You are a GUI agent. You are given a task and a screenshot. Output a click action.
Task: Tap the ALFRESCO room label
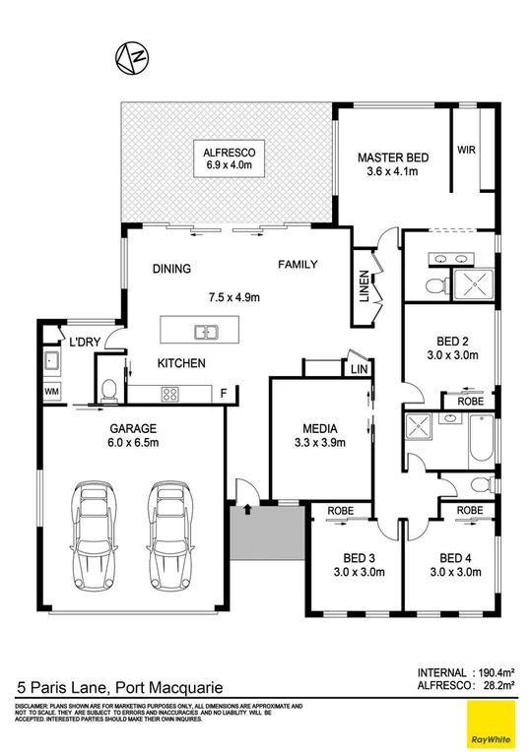point(230,153)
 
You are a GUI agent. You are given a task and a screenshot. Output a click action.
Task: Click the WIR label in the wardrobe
point(466,151)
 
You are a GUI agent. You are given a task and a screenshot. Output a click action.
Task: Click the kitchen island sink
point(207,331)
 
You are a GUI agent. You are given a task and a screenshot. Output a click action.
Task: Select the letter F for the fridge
point(224,395)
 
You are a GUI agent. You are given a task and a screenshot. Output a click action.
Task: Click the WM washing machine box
point(51,392)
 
